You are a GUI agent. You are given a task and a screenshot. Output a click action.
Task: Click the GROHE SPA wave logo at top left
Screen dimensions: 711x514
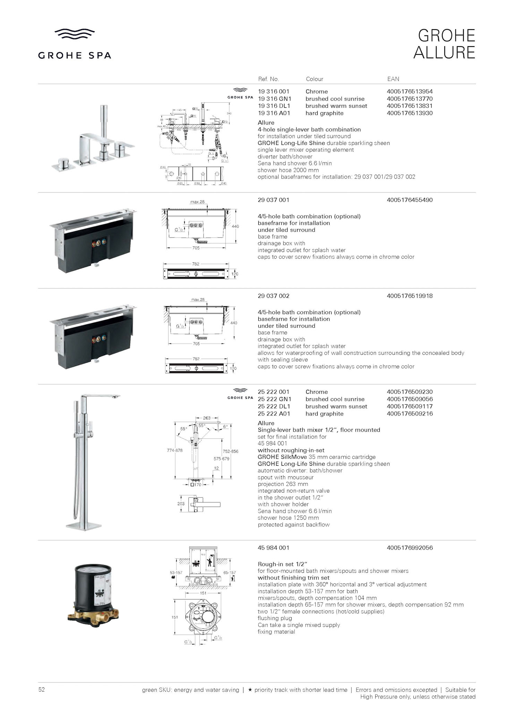pyautogui.click(x=75, y=34)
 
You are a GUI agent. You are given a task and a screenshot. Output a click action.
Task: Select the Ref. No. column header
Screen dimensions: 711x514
pyautogui.click(x=268, y=79)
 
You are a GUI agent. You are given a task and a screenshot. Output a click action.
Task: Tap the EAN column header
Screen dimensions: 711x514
pyautogui.click(x=393, y=79)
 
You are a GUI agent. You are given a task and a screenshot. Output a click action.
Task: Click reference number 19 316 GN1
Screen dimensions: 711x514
pyautogui.click(x=274, y=99)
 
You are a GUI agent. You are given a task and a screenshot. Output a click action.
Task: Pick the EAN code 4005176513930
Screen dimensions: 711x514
pyautogui.click(x=410, y=113)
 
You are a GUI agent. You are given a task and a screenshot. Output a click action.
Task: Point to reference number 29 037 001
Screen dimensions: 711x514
pyautogui.click(x=273, y=200)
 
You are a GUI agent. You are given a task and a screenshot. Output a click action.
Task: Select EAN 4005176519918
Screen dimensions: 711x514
pyautogui.click(x=410, y=296)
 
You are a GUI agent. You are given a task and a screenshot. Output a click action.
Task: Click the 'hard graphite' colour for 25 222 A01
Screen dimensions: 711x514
pyautogui.click(x=324, y=414)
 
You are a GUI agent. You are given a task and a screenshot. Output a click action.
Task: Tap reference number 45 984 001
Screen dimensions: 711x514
pyautogui.click(x=273, y=548)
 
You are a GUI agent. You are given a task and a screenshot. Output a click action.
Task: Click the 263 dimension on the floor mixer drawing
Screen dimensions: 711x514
pyautogui.click(x=207, y=418)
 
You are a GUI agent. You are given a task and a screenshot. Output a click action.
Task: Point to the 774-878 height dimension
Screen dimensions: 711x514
pyautogui.click(x=174, y=450)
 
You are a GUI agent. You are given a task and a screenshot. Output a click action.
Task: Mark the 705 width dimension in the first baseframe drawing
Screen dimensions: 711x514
pyautogui.click(x=196, y=248)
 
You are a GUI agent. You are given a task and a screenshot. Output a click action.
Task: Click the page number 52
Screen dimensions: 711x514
pyautogui.click(x=42, y=689)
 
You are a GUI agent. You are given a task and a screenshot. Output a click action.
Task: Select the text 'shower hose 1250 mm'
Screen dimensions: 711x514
pyautogui.click(x=288, y=518)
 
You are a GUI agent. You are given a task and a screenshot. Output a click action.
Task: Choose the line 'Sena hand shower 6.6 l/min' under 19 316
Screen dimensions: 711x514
pyautogui.click(x=294, y=163)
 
